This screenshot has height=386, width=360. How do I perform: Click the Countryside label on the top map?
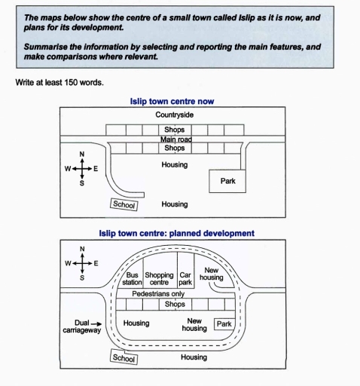174,115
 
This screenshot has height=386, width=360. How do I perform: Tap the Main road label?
176,139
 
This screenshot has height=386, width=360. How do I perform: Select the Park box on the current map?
227,181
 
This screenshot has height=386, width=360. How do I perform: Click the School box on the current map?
124,204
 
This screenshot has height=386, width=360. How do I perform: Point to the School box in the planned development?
124,357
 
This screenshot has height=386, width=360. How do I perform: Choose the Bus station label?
132,279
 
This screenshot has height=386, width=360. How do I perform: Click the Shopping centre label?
159,279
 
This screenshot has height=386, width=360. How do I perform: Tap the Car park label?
185,279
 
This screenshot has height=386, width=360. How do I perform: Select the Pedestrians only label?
158,294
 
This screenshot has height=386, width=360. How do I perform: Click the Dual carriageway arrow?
96,324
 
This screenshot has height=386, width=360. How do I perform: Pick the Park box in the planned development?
224,324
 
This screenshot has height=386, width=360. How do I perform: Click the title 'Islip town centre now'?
172,101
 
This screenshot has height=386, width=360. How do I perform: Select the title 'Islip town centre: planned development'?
177,234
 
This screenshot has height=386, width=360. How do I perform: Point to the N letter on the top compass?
82,155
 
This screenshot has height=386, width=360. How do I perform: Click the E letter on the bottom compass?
96,263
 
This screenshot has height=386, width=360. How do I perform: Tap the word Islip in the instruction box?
247,17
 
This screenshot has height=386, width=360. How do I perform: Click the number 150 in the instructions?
71,82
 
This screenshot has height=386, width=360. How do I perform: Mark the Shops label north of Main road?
175,130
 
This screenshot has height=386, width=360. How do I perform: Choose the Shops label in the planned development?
175,305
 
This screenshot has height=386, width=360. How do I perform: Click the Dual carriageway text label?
82,326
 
